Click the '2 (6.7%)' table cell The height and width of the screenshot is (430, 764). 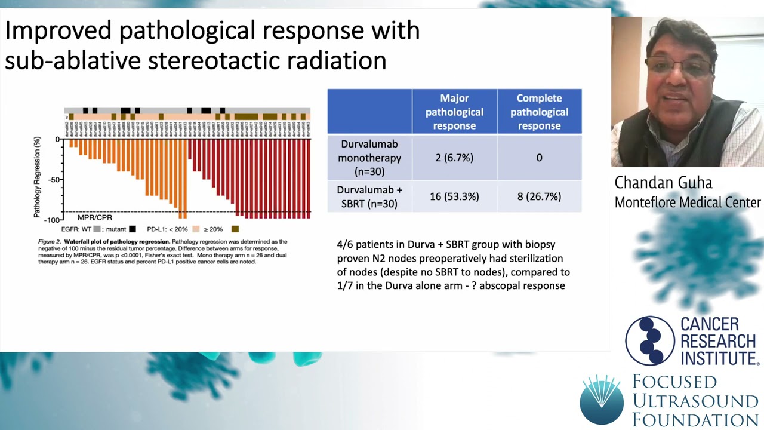tap(454, 158)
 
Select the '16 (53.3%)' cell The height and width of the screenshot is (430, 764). tap(454, 196)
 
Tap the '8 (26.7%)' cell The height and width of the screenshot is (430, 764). tap(539, 196)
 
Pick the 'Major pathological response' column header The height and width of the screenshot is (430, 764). tap(454, 112)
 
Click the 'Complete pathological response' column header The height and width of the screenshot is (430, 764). tap(539, 112)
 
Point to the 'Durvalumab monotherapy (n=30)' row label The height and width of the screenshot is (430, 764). tap(369, 158)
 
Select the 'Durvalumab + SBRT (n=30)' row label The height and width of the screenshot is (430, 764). tap(369, 196)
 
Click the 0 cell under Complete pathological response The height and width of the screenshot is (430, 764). tap(539, 158)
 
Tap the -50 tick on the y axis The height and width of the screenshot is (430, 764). tap(54, 180)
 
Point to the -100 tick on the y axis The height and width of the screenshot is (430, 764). tap(53, 220)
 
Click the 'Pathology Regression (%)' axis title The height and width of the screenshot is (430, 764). tap(38, 177)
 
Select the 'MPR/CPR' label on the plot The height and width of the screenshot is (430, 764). tap(94, 217)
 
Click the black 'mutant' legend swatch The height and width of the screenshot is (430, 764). tap(133, 229)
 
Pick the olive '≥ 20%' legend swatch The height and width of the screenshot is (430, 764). tap(235, 229)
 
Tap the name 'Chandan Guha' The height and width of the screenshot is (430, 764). tap(663, 183)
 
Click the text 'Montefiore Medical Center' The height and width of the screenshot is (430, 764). tap(688, 202)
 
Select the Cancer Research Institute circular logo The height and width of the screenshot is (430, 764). tap(649, 340)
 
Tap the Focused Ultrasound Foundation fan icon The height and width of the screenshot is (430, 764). tap(602, 398)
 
